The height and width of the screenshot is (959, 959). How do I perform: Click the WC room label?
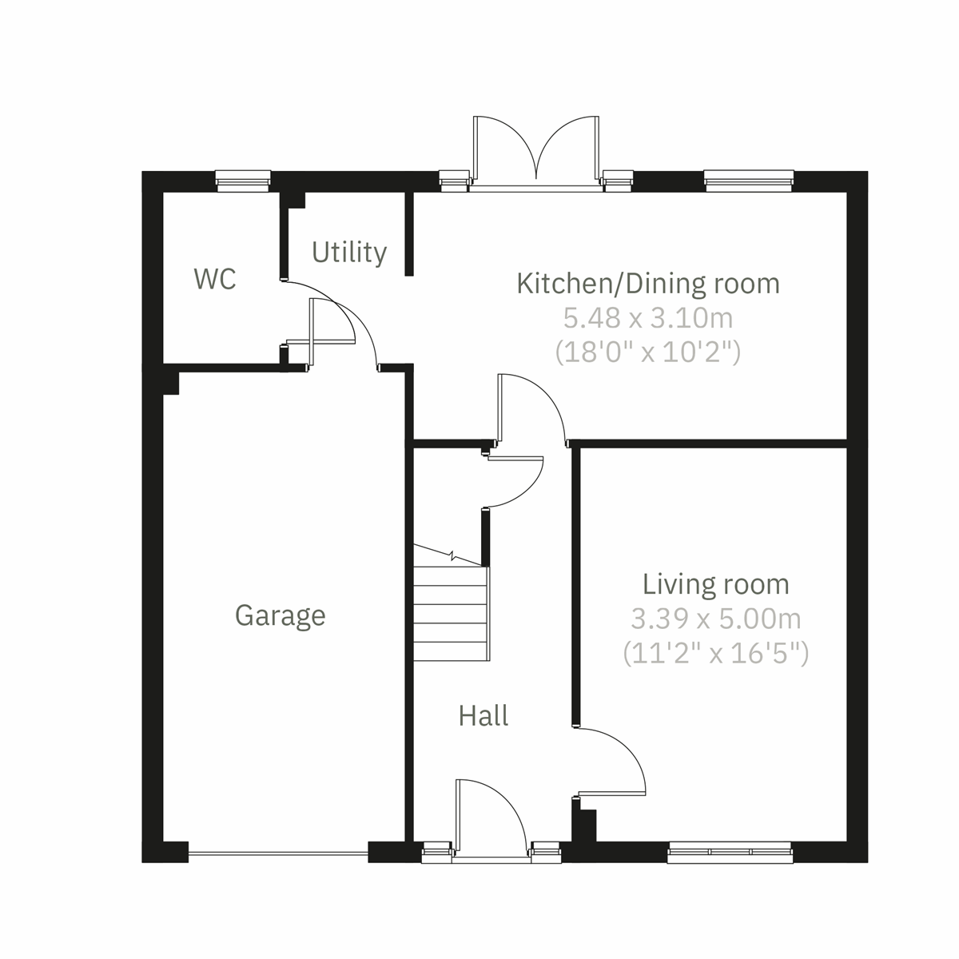click(x=215, y=280)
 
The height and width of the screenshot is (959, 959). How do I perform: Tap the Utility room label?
click(x=349, y=253)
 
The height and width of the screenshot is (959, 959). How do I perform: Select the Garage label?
click(x=281, y=615)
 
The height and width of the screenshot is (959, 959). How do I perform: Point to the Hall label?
click(x=483, y=715)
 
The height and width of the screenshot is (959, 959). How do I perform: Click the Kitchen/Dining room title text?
click(x=648, y=284)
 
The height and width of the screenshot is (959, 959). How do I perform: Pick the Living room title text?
click(x=716, y=584)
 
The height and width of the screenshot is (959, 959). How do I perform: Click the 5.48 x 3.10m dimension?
click(x=648, y=318)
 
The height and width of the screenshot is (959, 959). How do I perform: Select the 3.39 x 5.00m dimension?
click(x=716, y=619)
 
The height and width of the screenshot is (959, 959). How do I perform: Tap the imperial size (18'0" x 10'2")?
click(x=648, y=352)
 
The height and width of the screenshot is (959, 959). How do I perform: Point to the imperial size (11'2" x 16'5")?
click(x=716, y=653)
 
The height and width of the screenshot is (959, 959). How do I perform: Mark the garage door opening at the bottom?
click(x=278, y=854)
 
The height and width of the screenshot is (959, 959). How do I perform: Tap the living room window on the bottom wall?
click(x=729, y=853)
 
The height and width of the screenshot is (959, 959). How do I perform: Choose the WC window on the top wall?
click(x=244, y=181)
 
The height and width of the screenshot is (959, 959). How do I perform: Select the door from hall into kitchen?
click(x=529, y=408)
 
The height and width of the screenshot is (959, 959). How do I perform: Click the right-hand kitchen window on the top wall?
click(x=749, y=181)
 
